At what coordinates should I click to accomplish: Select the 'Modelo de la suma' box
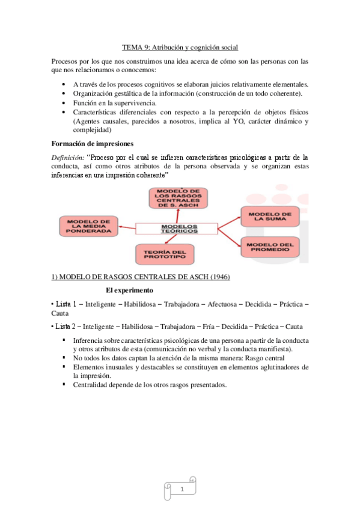click(x=270, y=217)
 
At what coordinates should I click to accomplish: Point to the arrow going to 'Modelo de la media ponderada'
click(x=125, y=228)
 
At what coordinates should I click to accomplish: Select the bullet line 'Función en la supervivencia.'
click(x=115, y=103)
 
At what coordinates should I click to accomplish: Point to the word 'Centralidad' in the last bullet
click(x=90, y=384)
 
